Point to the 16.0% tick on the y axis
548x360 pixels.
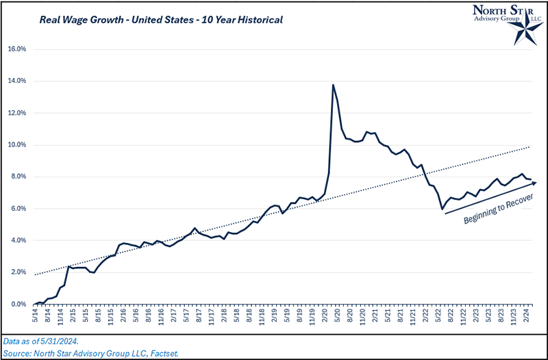[16, 49]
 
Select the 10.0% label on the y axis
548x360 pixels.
[16, 145]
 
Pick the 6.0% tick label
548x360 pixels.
[16, 209]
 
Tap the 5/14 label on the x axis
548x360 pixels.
[35, 319]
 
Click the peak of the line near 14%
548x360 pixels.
[333, 85]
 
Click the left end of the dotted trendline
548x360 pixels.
[34, 274]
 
